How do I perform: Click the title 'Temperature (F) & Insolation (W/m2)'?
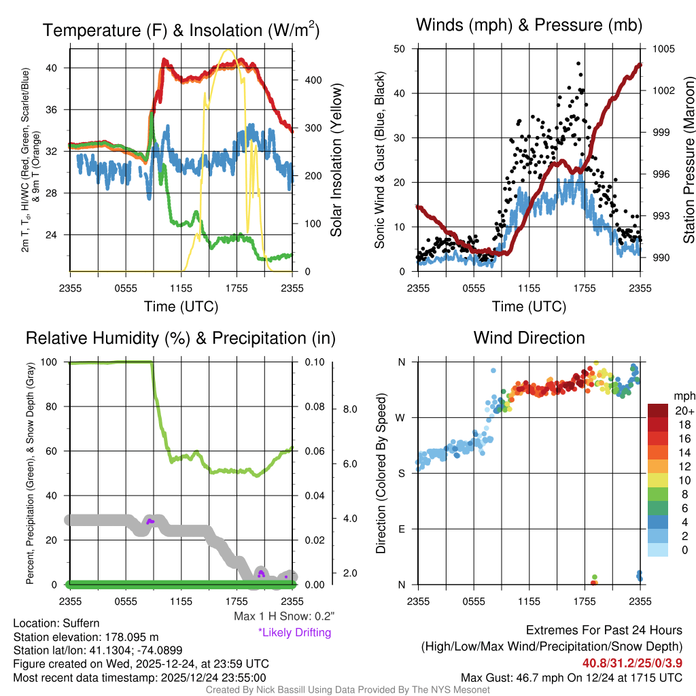(181, 31)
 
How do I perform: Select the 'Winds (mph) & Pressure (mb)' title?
(529, 26)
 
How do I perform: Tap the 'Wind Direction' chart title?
(529, 338)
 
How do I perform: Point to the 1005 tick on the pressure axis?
(663, 49)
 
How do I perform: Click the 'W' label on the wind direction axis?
(401, 417)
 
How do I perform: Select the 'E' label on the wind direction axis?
(402, 529)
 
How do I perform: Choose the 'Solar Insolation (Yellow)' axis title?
(336, 160)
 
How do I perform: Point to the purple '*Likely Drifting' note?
(294, 632)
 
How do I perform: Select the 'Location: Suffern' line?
(56, 623)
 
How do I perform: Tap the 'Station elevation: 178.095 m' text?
(86, 637)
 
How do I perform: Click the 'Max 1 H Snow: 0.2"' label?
(283, 616)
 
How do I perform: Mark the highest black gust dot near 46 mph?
(578, 63)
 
